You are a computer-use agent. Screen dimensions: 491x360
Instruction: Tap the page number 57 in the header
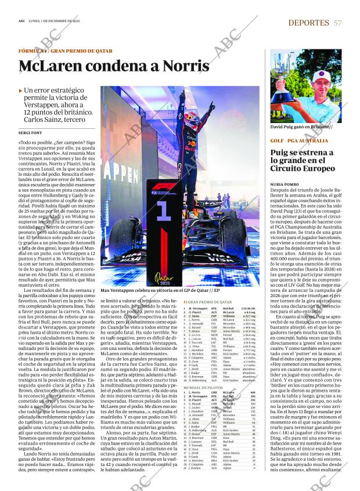[337, 22]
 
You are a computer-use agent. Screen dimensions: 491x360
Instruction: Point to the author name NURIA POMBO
[285, 183]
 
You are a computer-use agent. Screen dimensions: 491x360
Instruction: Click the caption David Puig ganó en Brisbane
[300, 127]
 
